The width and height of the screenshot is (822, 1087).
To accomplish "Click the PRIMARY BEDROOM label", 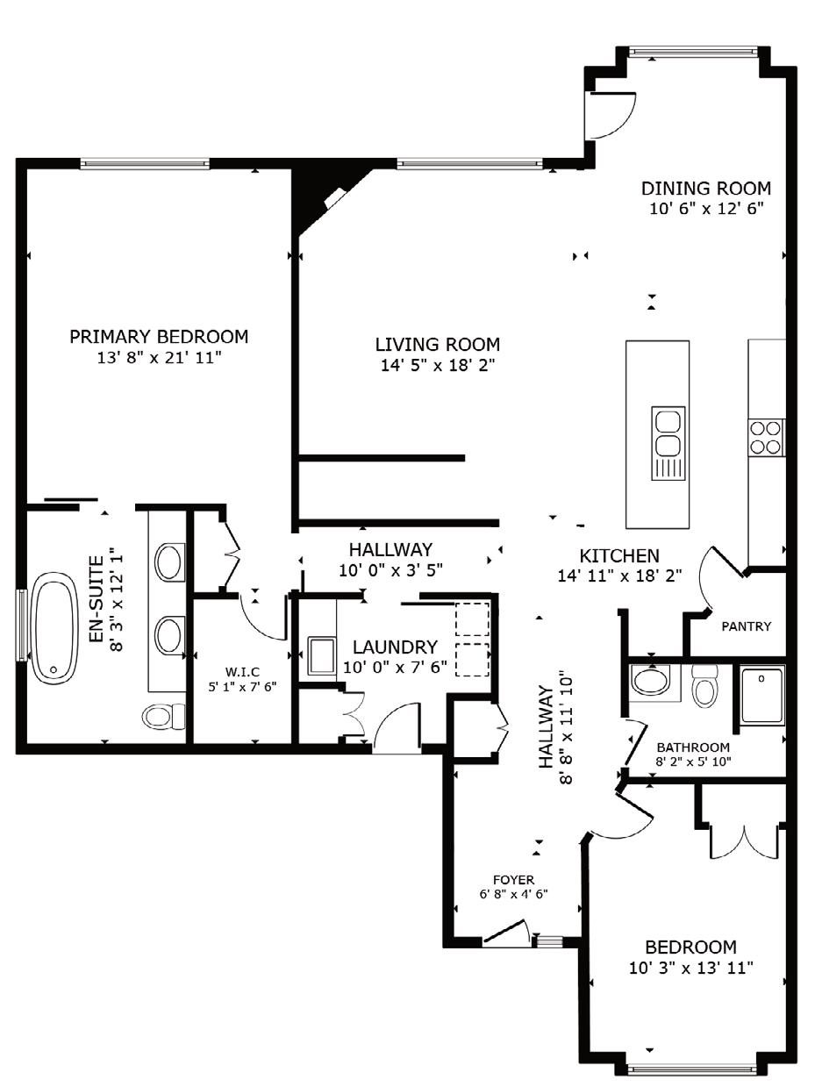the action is pos(159,337).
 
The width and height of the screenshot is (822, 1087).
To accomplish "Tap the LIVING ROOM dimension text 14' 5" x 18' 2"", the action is pos(438,366).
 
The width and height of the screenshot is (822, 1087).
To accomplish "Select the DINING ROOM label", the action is pos(706,188).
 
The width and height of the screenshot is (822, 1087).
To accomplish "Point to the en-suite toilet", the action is pos(163,716).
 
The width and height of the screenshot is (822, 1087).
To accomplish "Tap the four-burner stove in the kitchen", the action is pos(766,437).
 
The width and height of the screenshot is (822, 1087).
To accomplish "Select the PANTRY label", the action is pos(747,626).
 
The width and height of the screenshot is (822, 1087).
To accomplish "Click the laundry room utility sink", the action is pos(321,655).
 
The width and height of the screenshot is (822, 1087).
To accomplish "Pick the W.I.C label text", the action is pos(243,672).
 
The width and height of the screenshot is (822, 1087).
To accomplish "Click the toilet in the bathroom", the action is pos(704,686).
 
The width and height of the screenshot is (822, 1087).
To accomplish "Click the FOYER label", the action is pos(513,880).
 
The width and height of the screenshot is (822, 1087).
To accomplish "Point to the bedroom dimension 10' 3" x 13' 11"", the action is pos(690,967).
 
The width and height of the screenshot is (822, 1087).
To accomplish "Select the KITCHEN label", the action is pos(619,555).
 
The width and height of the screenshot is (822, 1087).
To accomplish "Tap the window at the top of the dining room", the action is pos(693,51).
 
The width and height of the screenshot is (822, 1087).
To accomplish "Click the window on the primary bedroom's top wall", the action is pos(145,162).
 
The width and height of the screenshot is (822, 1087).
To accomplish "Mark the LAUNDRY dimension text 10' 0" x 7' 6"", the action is pos(395,667).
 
